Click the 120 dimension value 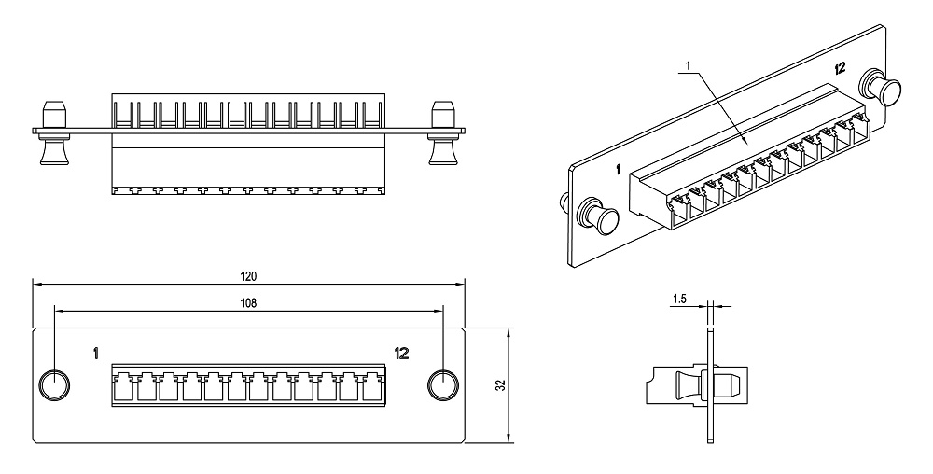pos(248,276)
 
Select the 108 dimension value pos(248,302)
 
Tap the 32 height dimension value pos(500,384)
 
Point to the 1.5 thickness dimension pos(679,299)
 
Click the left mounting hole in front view pos(53,384)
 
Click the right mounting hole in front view pos(442,384)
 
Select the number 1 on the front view pos(96,353)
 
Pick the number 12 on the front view pos(401,353)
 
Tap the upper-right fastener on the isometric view pos(883,89)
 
